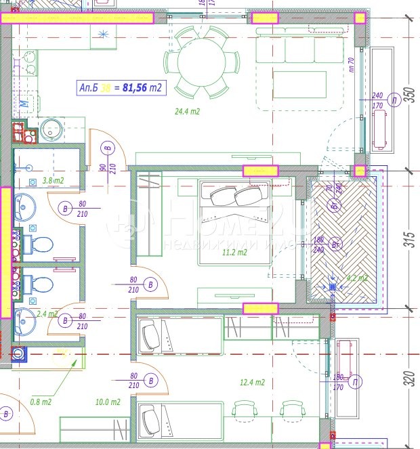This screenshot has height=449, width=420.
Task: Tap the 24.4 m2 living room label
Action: pyautogui.click(x=186, y=111)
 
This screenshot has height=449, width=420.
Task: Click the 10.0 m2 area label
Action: pyautogui.click(x=108, y=402)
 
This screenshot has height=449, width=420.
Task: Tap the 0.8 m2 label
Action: pyautogui.click(x=41, y=401)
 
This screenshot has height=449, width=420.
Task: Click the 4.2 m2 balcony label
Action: pyautogui.click(x=356, y=278)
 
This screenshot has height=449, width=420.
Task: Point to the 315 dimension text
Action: pyautogui.click(x=408, y=240)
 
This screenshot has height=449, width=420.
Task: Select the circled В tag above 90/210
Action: pyautogui.click(x=107, y=148)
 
